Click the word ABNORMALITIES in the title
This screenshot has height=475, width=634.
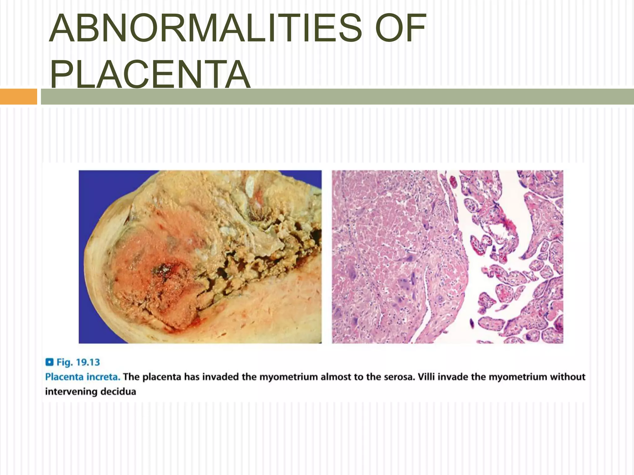[205, 28]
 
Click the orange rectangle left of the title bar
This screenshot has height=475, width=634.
[18, 96]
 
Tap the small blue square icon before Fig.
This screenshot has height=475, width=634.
[49, 362]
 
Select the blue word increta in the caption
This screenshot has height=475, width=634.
[103, 377]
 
